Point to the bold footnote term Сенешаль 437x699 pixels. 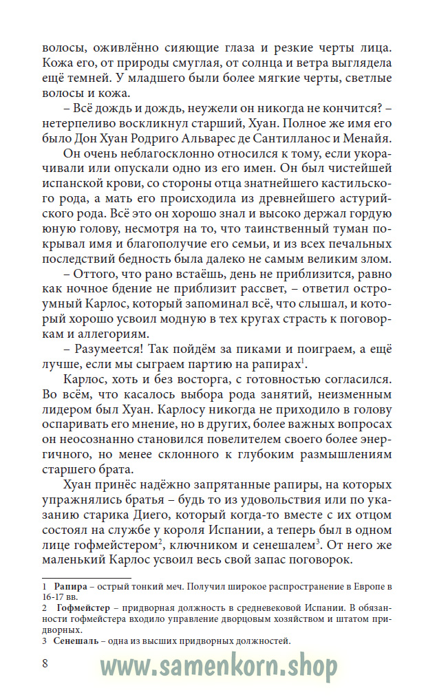(x=77, y=641)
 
